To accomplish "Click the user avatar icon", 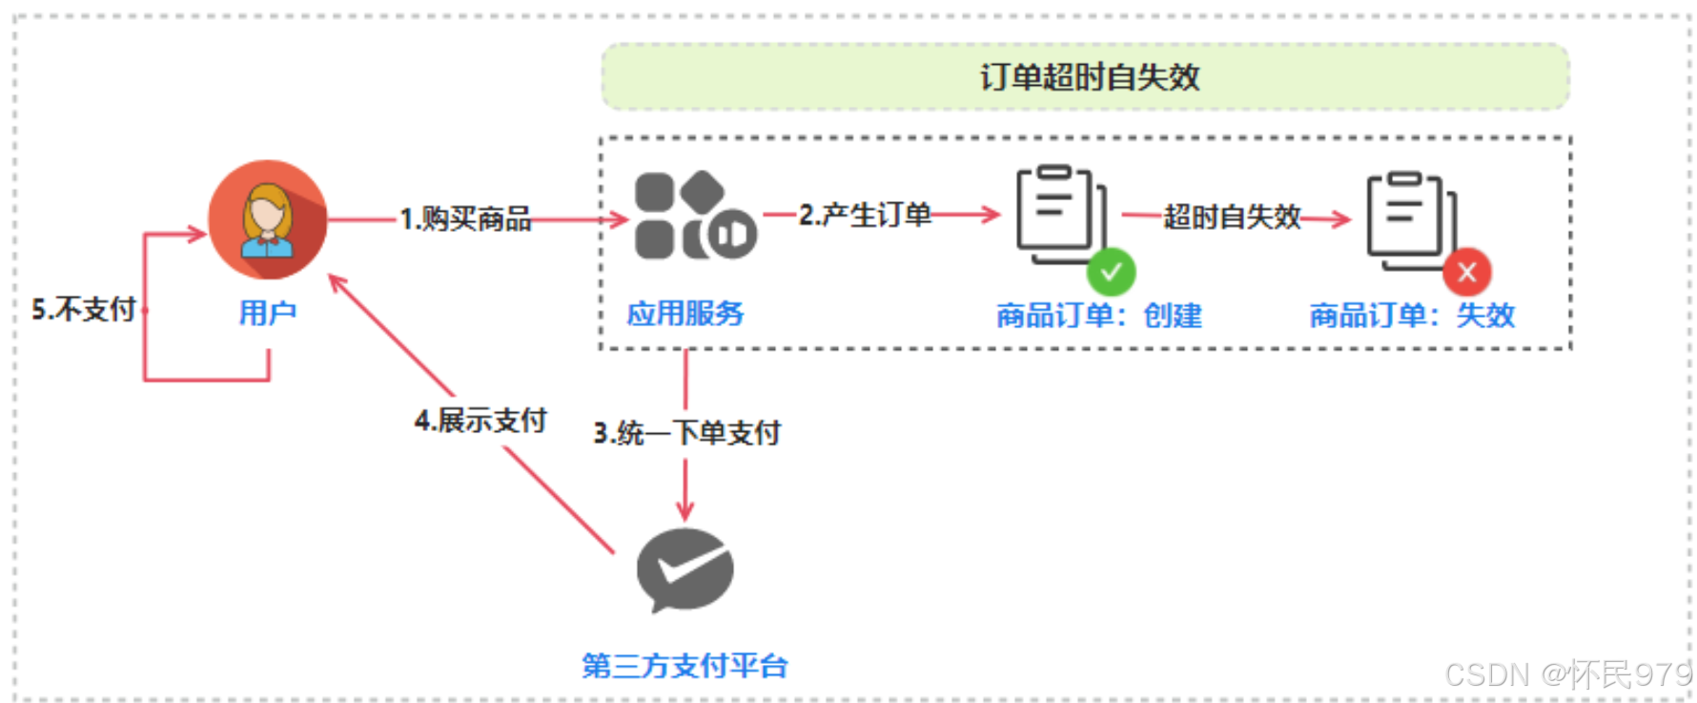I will [268, 219].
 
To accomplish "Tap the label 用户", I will [268, 313].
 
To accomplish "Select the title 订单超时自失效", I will [1089, 77].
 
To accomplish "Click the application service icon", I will [695, 217].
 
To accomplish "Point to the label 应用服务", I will [685, 313].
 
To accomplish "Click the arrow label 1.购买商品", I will [465, 219].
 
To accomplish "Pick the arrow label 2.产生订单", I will [865, 216].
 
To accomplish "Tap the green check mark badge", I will [1111, 273].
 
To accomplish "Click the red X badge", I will [1466, 273].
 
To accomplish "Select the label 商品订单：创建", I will [1098, 315].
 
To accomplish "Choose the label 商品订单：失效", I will [1411, 315].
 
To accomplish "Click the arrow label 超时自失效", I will [1232, 217].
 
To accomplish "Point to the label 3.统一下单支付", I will [686, 433].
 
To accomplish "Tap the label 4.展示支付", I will [480, 421].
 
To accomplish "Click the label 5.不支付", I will [84, 309].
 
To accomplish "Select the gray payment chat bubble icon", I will [685, 569].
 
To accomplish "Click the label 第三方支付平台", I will [685, 666].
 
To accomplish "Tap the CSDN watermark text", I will [1567, 675].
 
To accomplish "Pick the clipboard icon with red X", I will [1409, 217].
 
